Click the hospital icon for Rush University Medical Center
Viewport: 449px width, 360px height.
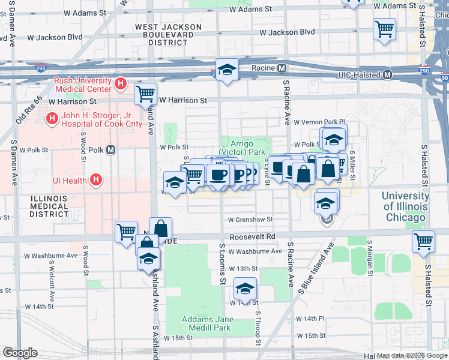pyautogui.click(x=121, y=84)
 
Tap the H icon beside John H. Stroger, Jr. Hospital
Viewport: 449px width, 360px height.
pyautogui.click(x=52, y=118)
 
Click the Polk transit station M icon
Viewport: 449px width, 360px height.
pyautogui.click(x=111, y=150)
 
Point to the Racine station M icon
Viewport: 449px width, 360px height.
pyautogui.click(x=281, y=68)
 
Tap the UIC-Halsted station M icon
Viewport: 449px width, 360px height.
pyautogui.click(x=387, y=74)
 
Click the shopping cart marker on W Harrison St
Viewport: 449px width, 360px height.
pyautogui.click(x=145, y=94)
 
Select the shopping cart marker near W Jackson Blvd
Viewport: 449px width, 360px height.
pyautogui.click(x=384, y=28)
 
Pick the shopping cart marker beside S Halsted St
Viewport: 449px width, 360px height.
pyautogui.click(x=423, y=241)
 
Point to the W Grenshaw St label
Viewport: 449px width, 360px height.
pyautogui.click(x=250, y=220)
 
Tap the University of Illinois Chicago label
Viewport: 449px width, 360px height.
pyautogui.click(x=405, y=206)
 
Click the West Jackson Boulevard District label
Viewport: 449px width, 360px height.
pyautogui.click(x=168, y=35)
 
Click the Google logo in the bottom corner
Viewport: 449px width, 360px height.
pyautogui.click(x=20, y=353)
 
